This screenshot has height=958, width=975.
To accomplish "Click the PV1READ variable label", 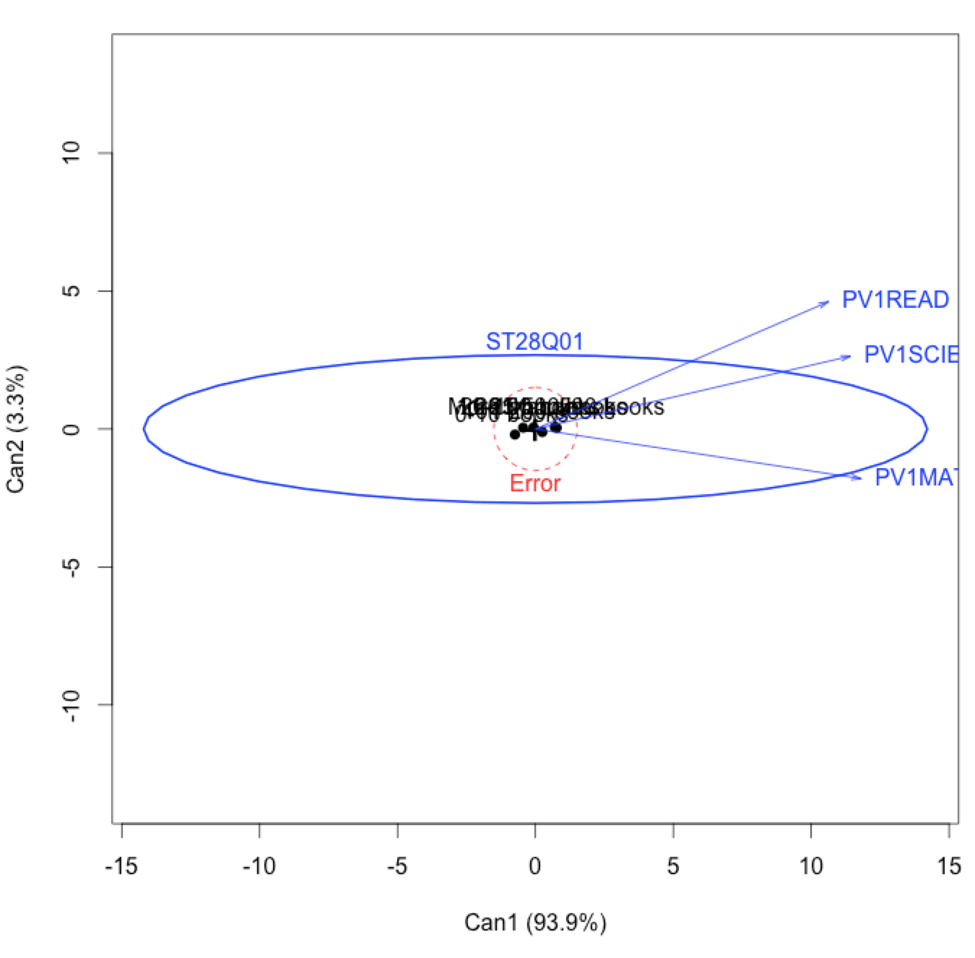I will tap(895, 300).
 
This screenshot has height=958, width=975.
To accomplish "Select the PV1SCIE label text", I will tap(911, 355).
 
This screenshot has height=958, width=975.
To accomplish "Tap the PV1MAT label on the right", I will tap(916, 478).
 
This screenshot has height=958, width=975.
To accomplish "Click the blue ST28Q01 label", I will tap(534, 342).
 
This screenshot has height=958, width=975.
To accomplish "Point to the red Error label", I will tap(534, 483).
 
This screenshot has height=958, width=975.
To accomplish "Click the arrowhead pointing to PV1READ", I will tap(827, 302).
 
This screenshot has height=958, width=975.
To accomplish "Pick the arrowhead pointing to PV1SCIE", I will tap(849, 356).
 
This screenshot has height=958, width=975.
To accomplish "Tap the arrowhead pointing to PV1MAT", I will tap(859, 478).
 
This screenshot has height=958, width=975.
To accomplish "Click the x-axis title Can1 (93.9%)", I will tap(534, 923).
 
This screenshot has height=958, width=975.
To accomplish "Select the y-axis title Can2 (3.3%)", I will tap(17, 429).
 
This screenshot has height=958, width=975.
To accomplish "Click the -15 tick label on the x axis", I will tap(121, 866).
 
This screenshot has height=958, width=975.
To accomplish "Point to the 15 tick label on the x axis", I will tap(948, 866).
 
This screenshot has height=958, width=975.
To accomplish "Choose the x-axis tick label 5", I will tap(672, 866).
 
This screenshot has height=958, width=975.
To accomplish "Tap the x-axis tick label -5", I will tap(396, 866).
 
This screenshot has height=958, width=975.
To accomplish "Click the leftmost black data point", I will tap(515, 434).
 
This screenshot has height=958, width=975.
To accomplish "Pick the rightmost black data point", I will tap(556, 428).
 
